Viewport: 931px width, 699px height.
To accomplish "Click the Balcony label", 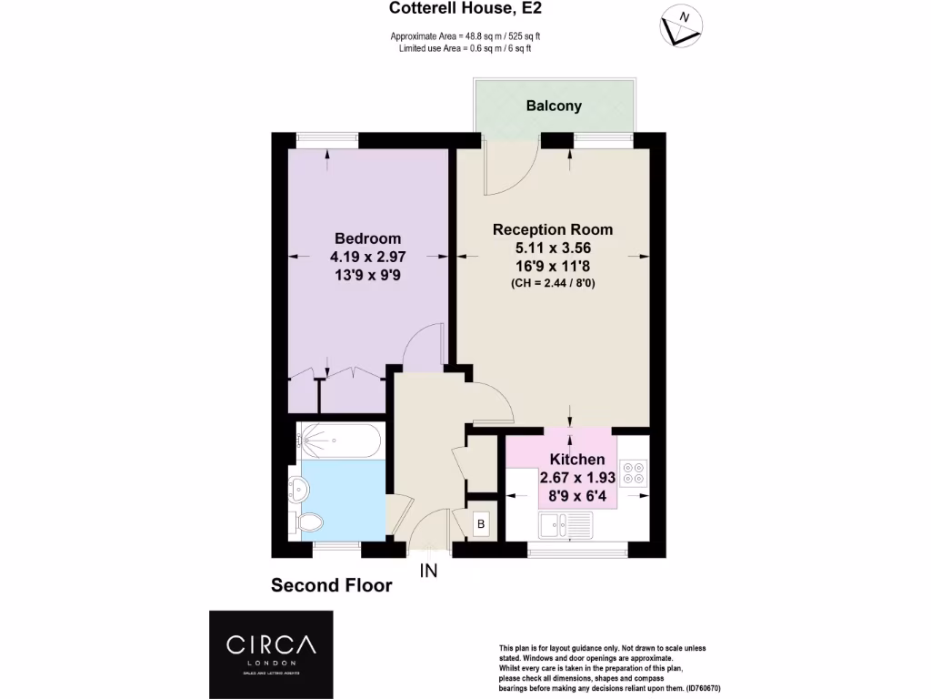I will coord(554,106).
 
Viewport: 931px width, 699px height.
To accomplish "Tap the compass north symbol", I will coord(681,26).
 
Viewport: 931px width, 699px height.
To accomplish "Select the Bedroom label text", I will coord(367,238).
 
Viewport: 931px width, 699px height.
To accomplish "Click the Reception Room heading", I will coord(553,229).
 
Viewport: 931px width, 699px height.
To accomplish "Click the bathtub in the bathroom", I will coord(337,441).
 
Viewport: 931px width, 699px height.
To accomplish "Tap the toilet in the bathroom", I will coord(308,522).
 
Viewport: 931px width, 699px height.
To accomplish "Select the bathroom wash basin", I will coord(297,489).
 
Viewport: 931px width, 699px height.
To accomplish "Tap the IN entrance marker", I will coord(428,572).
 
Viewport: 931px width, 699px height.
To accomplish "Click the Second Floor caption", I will coord(332,585).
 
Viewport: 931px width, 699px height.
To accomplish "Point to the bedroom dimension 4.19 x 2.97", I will coord(367,257).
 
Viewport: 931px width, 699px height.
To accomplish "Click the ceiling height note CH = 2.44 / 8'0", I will coord(553,283).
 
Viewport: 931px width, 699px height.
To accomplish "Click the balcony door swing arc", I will coord(509,173).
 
